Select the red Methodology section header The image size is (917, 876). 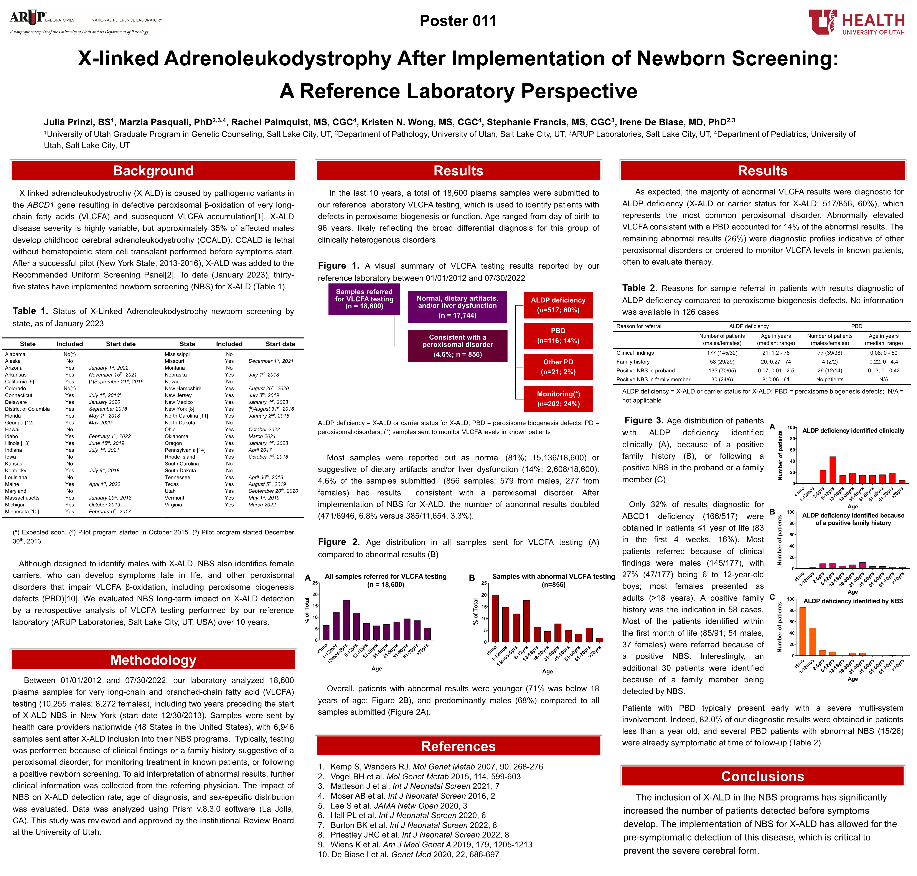(153, 660)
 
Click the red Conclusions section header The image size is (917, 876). (762, 776)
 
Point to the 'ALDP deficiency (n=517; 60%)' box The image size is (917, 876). (558, 305)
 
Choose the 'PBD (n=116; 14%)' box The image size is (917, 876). (558, 336)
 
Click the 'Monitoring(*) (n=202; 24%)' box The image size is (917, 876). (558, 399)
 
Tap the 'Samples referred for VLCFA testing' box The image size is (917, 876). (364, 299)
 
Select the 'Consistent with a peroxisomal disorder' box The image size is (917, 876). (457, 345)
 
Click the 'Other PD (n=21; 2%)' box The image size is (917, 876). (558, 367)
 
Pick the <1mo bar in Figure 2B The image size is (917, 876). (495, 618)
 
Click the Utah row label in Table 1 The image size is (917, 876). (170, 491)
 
